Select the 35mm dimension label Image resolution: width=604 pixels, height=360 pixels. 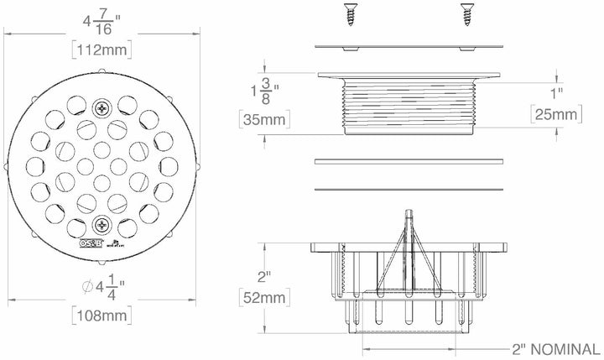pos(263,121)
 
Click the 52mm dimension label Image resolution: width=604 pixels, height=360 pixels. pos(263,299)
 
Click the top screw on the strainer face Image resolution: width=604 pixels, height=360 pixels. pos(102,108)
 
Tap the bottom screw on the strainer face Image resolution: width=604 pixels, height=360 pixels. pos(102,224)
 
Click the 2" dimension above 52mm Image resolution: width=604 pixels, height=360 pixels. pos(262,277)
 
